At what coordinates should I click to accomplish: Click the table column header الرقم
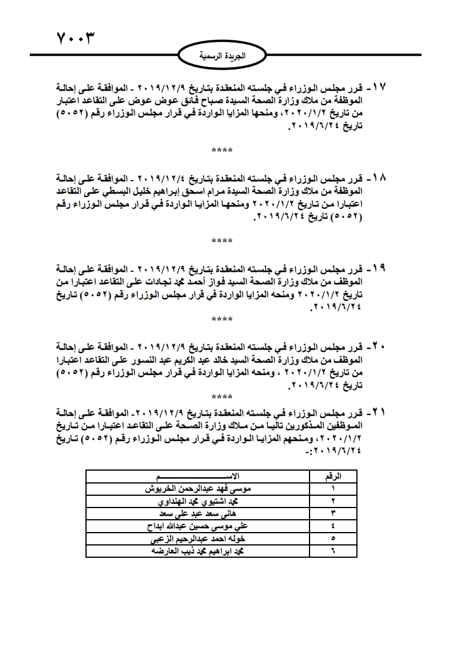click(334, 477)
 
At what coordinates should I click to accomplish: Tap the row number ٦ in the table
click(334, 551)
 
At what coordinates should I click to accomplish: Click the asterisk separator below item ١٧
click(222, 150)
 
